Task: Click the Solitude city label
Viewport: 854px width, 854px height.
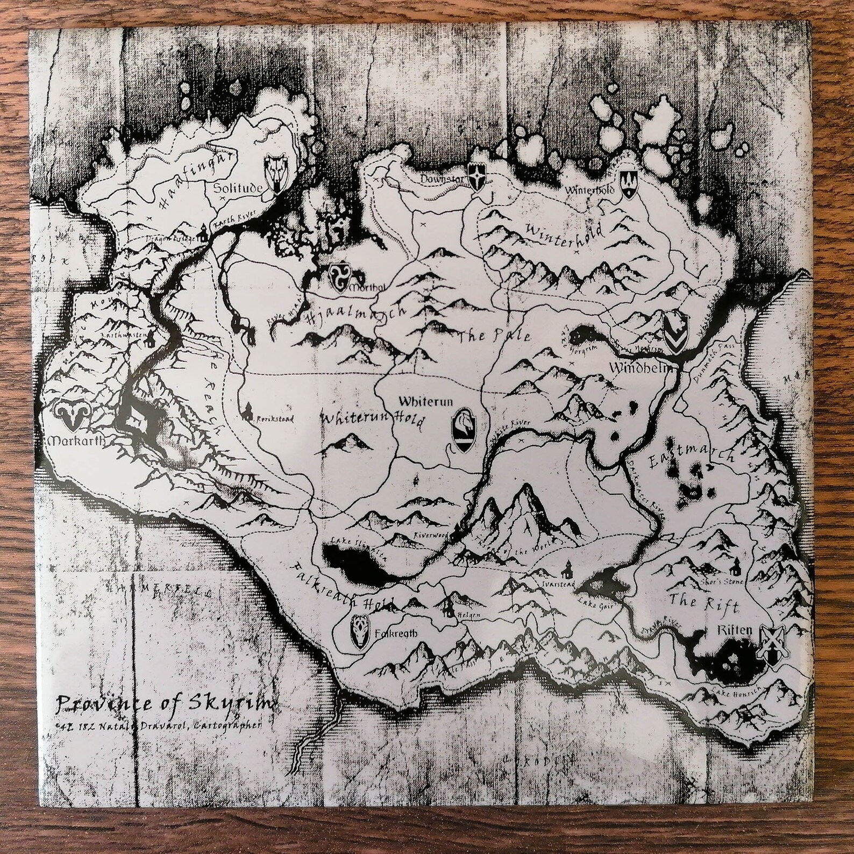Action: (x=237, y=188)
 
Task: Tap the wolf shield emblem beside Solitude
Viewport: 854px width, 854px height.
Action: (x=277, y=173)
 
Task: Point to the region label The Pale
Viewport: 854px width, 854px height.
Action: (x=493, y=338)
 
